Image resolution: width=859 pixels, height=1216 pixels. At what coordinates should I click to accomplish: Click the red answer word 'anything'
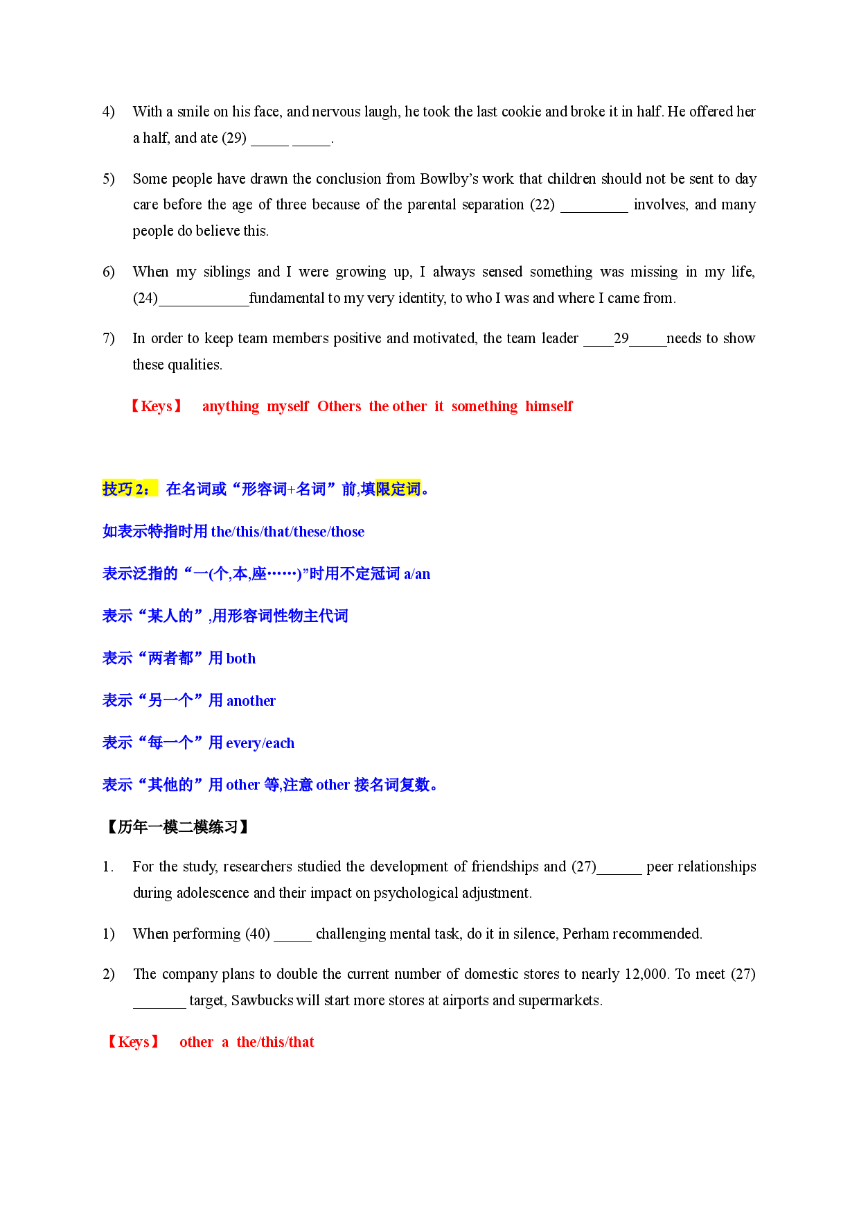pyautogui.click(x=231, y=406)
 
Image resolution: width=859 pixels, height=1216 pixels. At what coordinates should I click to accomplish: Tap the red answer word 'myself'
pyautogui.click(x=288, y=406)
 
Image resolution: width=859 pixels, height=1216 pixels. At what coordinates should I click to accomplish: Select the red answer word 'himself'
pyautogui.click(x=549, y=406)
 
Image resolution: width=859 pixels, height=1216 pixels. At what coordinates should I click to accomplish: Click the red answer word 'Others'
pyautogui.click(x=339, y=406)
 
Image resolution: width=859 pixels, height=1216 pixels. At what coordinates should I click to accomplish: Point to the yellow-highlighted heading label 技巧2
pyautogui.click(x=130, y=489)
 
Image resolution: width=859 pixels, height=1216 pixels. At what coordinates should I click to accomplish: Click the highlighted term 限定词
pyautogui.click(x=398, y=489)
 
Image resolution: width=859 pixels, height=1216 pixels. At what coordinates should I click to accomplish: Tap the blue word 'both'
pyautogui.click(x=241, y=659)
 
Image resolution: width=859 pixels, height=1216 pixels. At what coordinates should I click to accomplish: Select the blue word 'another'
pyautogui.click(x=251, y=701)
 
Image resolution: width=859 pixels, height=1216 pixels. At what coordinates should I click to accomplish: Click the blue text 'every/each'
pyautogui.click(x=260, y=743)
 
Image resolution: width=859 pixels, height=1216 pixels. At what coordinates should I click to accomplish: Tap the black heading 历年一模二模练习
pyautogui.click(x=178, y=827)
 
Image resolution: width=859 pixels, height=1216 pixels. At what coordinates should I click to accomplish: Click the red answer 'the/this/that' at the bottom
pyautogui.click(x=275, y=1042)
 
